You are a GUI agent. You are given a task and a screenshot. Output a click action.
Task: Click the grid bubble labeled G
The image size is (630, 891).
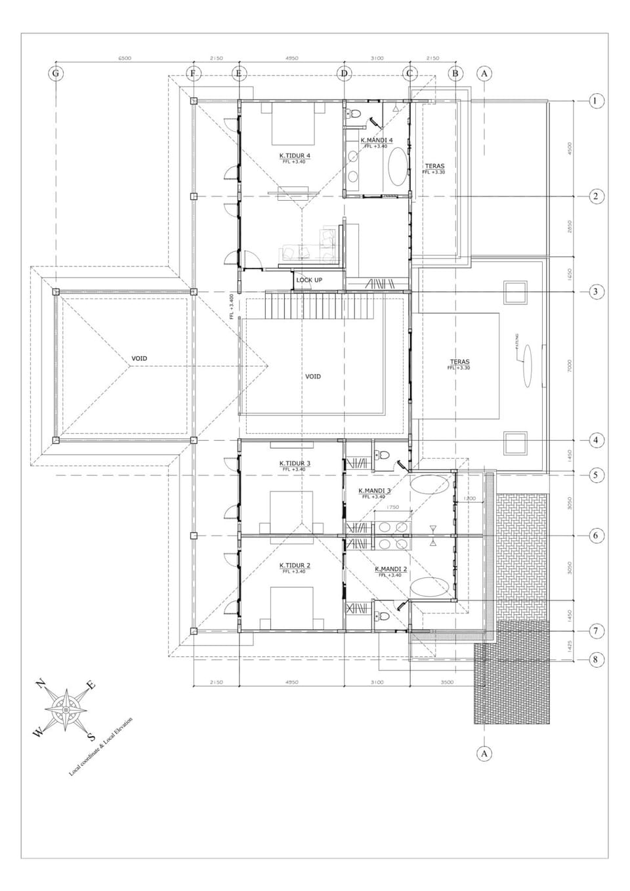(x=56, y=73)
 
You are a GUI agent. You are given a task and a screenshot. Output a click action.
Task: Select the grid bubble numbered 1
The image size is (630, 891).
(x=595, y=101)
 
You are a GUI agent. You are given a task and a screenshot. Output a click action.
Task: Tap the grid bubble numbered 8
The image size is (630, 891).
(x=595, y=659)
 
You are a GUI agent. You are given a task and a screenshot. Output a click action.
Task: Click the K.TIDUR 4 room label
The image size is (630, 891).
(x=294, y=156)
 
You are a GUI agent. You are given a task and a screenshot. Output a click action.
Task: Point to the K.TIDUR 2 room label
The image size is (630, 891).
(x=295, y=566)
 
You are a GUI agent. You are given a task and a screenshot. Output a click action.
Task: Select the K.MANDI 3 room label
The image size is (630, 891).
(x=375, y=491)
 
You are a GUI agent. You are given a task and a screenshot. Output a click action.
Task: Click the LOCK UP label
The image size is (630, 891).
(x=309, y=280)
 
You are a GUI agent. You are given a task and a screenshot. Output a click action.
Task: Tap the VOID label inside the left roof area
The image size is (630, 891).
(x=139, y=359)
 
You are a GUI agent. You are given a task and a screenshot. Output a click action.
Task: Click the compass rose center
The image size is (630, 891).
(x=66, y=710)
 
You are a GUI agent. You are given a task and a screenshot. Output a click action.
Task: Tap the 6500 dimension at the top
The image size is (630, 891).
(x=125, y=58)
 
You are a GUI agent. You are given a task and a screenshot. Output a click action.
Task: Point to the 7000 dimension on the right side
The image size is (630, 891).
(x=570, y=365)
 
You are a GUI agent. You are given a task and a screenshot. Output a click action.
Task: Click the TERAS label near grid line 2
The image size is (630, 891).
(x=434, y=167)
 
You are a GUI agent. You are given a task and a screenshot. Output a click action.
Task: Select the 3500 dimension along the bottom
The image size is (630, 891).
(x=447, y=682)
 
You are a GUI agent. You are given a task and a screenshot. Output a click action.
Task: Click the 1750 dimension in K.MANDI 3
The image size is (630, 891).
(x=392, y=507)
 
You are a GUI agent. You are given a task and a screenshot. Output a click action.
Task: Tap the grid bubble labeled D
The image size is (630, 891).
(x=344, y=73)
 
